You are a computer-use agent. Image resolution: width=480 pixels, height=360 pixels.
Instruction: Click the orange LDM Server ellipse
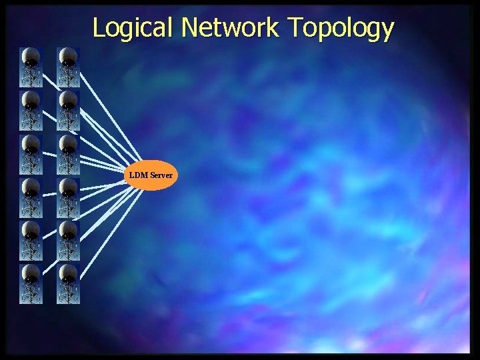(x=151, y=175)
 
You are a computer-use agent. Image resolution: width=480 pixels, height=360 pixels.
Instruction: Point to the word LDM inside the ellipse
(x=139, y=175)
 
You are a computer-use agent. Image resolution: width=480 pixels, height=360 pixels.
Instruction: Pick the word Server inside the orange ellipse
(x=161, y=175)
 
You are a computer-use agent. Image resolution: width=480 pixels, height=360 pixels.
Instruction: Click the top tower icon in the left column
(x=31, y=67)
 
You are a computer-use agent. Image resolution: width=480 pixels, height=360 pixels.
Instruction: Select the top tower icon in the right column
(x=68, y=67)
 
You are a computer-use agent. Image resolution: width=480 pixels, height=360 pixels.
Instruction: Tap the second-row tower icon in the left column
(x=31, y=111)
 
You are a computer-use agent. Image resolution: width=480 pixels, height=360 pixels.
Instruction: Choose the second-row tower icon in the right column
(x=68, y=111)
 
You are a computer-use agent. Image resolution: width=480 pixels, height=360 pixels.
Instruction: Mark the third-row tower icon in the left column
(x=31, y=155)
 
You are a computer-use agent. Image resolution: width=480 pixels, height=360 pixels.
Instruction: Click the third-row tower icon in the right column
(x=68, y=155)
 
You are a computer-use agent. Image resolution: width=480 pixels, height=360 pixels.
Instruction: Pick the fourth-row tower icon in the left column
(x=31, y=197)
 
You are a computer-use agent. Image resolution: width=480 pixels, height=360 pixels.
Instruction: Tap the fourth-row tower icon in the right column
(x=68, y=197)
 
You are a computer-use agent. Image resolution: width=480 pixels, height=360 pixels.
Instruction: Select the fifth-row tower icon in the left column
(x=31, y=241)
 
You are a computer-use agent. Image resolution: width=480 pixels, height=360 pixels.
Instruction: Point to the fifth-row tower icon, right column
(x=68, y=241)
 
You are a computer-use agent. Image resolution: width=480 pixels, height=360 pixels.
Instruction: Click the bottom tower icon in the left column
(x=31, y=284)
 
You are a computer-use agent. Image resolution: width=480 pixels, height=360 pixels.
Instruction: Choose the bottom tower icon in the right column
(x=68, y=284)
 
